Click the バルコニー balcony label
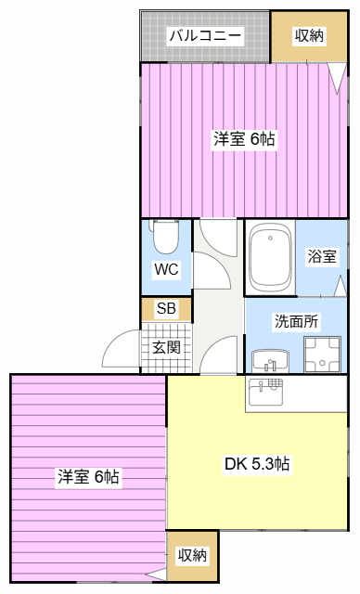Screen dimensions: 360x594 coord(205,36)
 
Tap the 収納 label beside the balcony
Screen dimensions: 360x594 coord(309,36)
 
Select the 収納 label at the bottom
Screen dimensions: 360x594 coord(192,555)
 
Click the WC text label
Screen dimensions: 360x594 coord(166,269)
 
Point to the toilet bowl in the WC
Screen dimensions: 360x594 coord(165,237)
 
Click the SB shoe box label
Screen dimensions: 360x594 coord(166,309)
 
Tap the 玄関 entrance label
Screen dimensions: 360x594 coord(166,347)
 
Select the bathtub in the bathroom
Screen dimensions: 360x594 coord(270,257)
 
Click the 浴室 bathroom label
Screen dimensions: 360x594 coord(321,256)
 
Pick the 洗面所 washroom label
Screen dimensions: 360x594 coord(296,321)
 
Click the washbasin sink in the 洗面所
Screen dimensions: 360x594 coord(270,361)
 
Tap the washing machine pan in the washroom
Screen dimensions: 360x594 coord(322,355)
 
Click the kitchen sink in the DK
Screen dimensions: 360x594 coord(265,392)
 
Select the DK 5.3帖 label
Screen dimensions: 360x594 coord(257,464)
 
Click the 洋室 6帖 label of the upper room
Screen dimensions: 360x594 coord(244,139)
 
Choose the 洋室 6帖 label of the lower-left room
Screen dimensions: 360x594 coord(88,476)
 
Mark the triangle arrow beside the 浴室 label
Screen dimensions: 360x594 coord(341,286)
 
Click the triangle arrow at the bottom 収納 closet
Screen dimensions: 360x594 coord(156,575)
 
